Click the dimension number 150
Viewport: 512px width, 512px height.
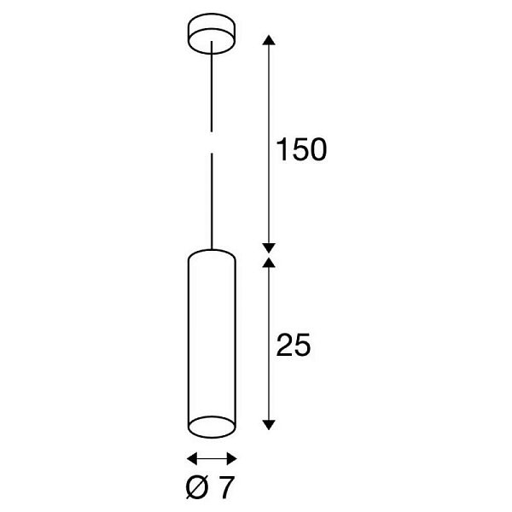[301, 149]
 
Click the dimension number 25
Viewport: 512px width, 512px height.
[293, 345]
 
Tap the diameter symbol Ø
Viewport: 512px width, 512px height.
[197, 487]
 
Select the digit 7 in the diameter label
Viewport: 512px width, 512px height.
[227, 487]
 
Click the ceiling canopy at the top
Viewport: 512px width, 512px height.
[212, 33]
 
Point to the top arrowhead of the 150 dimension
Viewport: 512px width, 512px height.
[269, 40]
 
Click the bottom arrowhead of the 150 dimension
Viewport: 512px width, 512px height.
[269, 248]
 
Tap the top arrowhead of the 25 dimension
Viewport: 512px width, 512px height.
[269, 263]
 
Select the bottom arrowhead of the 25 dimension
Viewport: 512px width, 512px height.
[269, 424]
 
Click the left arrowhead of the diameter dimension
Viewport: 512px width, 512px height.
[192, 458]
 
